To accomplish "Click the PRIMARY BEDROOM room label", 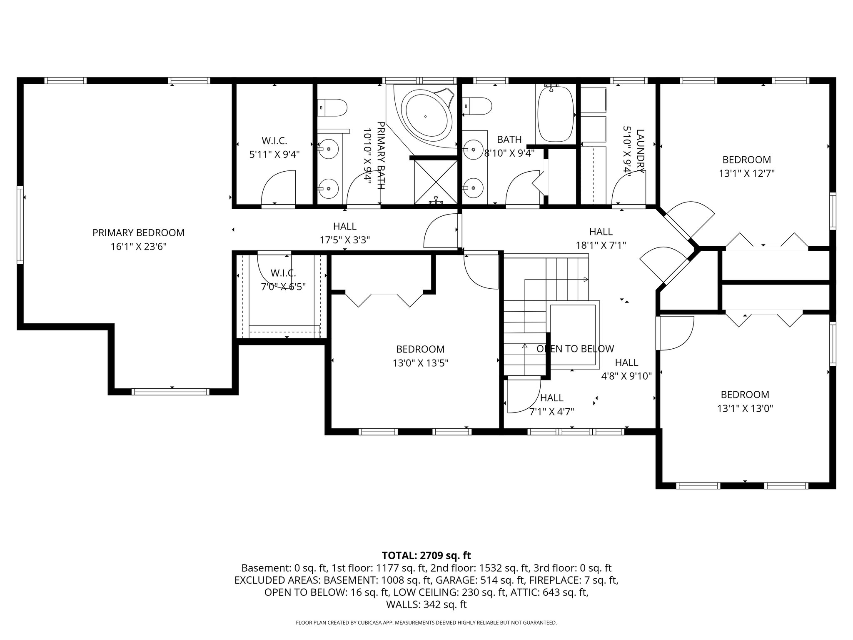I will (138, 233).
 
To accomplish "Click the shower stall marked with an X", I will (435, 182).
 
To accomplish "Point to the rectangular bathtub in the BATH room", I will (555, 114).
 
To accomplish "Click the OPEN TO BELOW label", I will (575, 349).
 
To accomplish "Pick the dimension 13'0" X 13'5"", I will (420, 363).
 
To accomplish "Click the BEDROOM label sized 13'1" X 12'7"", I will (746, 160).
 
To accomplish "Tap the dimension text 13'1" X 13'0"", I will (745, 408).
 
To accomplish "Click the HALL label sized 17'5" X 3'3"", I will (344, 226).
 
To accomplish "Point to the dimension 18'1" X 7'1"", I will (601, 245).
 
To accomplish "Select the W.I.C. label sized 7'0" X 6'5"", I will (283, 273).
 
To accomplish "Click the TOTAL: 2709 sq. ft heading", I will (426, 555).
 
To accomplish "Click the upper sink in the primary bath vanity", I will (329, 149).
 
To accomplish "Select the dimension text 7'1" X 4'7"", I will (551, 412).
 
